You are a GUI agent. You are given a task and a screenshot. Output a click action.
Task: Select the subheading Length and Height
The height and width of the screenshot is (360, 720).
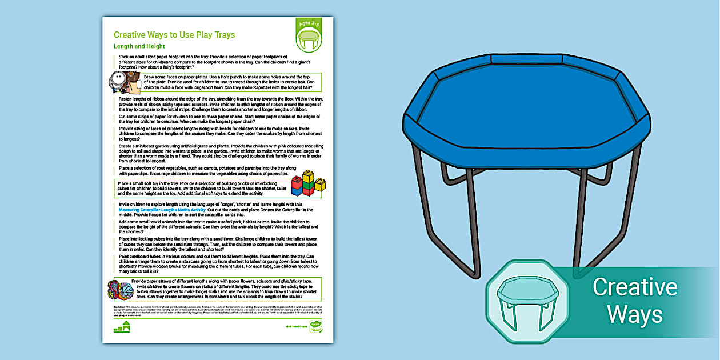pos(139,46)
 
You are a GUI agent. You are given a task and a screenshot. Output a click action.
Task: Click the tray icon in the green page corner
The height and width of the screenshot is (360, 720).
pos(309,40)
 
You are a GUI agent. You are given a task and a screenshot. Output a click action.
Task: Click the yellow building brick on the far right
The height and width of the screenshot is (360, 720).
pos(320,185)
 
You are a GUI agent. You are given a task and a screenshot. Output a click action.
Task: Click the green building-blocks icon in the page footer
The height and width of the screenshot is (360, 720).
pos(122,327)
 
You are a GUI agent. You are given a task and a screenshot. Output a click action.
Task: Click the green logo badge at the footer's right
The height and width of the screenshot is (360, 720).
pos(315,327)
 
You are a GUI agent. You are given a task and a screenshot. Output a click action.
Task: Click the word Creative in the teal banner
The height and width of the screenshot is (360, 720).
pos(634,287)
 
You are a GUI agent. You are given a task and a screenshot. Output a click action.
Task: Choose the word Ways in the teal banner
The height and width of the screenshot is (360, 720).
pos(634,314)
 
